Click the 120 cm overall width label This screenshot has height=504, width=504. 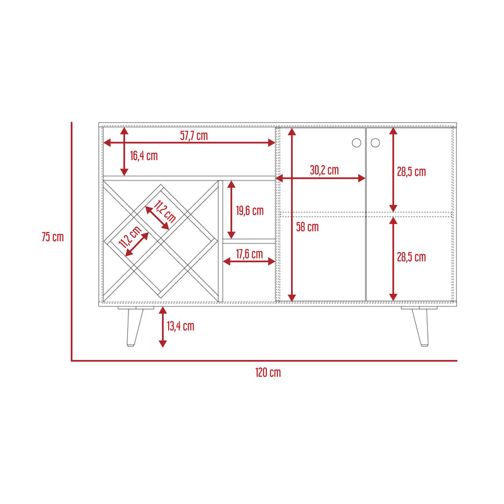click(268, 373)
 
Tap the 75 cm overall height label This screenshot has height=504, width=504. click(53, 237)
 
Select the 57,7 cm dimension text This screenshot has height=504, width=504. click(194, 136)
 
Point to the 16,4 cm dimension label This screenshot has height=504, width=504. click(143, 156)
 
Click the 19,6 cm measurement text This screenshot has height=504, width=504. click(250, 211)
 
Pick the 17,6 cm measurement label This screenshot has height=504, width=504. click(250, 254)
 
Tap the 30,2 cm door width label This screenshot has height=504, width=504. click(325, 170)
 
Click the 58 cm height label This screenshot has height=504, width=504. click(307, 227)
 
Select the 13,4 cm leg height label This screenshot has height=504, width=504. click(181, 326)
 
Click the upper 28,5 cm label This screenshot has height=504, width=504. click(412, 172)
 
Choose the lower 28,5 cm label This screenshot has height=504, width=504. click(412, 257)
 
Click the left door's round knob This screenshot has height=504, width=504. click(356, 143)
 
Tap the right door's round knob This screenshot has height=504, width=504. click(375, 143)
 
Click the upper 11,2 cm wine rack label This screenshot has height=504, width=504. click(165, 211)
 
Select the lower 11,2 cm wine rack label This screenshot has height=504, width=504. click(130, 236)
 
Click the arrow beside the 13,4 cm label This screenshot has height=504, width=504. click(163, 327)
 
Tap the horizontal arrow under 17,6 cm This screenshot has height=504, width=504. click(249, 262)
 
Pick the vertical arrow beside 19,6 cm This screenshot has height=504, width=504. click(232, 209)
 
